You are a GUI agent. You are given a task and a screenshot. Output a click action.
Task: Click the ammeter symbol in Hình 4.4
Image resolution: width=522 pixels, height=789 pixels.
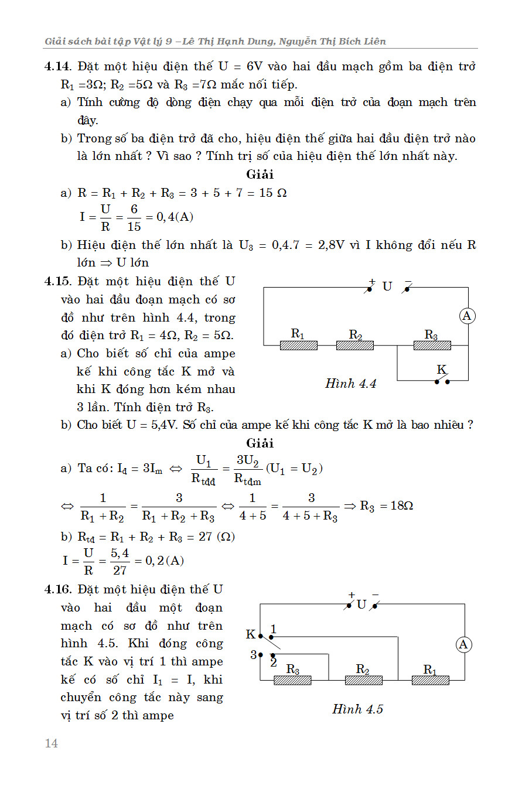[467, 316]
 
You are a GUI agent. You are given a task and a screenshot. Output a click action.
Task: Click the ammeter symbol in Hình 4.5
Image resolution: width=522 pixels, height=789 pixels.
[463, 645]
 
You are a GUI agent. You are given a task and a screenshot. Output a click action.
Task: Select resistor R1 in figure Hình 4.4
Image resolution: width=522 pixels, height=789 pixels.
[299, 346]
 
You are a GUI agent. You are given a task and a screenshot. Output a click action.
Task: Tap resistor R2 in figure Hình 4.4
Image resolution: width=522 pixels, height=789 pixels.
[355, 346]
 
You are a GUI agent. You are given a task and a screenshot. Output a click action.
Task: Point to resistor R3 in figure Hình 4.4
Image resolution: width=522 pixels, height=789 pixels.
[432, 346]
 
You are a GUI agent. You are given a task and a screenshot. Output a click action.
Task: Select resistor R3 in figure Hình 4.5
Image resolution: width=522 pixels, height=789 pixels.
[292, 680]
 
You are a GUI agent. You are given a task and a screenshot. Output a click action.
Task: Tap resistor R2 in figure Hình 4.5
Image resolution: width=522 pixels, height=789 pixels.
[363, 680]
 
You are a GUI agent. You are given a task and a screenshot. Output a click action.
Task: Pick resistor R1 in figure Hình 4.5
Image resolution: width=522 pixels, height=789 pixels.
[431, 680]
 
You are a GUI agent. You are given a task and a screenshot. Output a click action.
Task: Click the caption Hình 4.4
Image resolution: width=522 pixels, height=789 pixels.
[350, 384]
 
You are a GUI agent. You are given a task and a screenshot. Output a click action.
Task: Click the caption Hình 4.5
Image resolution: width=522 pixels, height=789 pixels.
[357, 709]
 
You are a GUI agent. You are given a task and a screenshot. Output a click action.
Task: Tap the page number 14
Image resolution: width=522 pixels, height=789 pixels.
[51, 743]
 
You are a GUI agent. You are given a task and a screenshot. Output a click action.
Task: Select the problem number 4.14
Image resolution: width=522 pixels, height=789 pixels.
[58, 67]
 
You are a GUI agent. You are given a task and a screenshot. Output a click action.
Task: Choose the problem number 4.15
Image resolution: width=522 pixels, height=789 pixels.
[58, 282]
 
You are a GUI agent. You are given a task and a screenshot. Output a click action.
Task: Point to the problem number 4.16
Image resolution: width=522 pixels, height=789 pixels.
[58, 589]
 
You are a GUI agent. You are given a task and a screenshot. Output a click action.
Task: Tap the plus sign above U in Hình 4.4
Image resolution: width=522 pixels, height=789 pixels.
[371, 281]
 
